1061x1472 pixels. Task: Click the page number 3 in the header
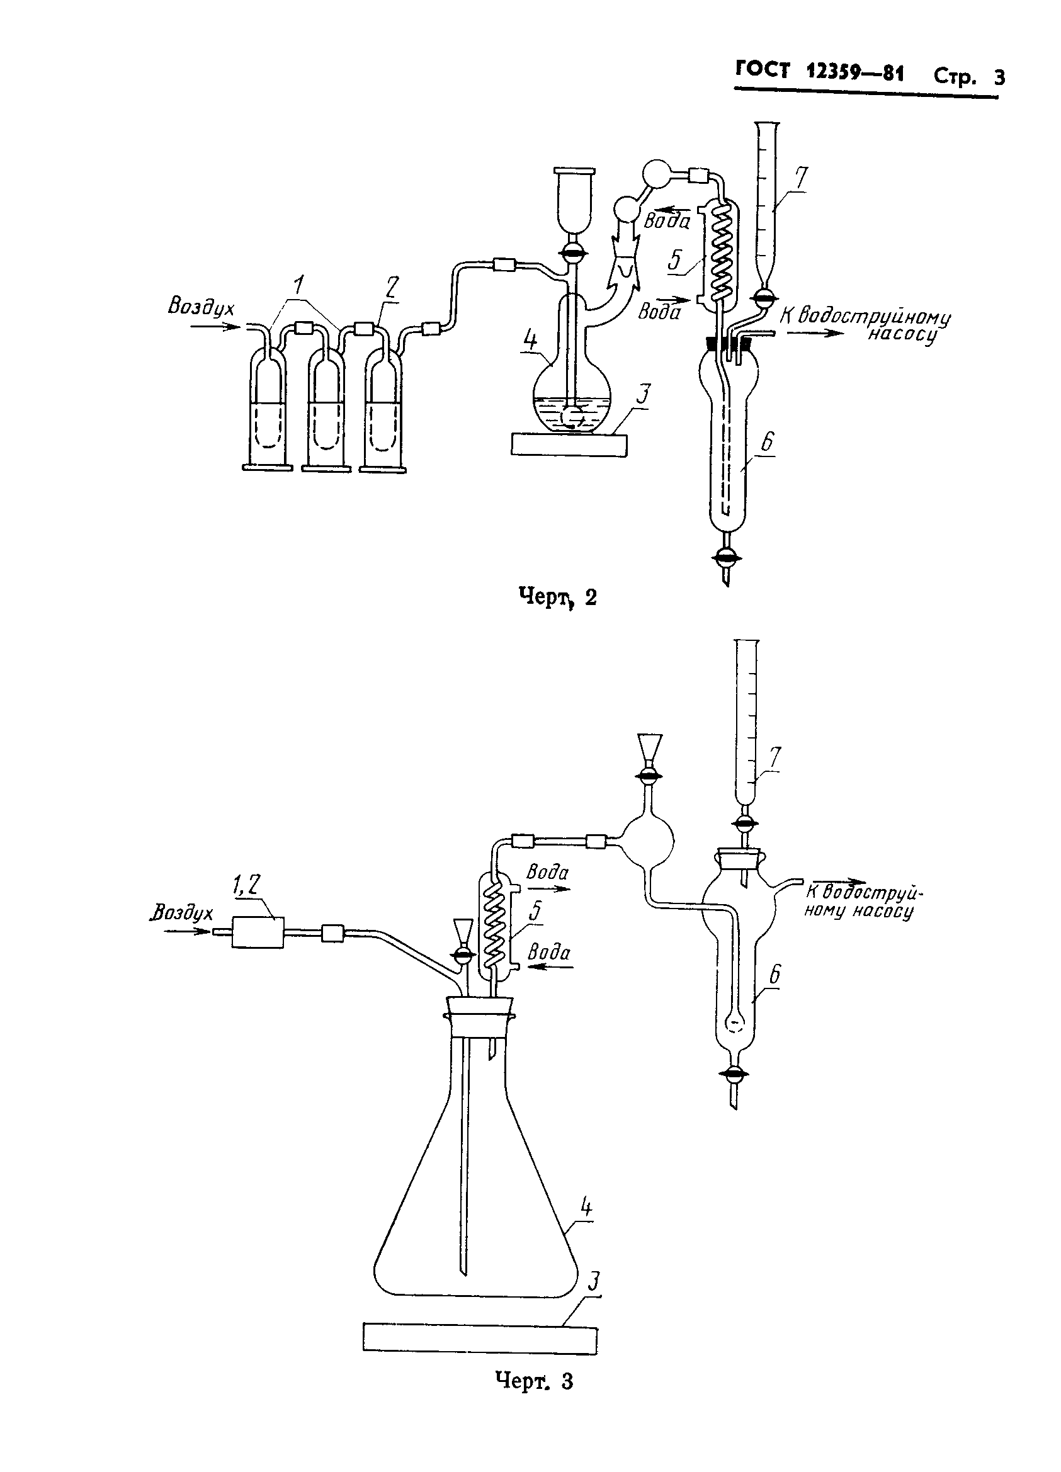pyautogui.click(x=999, y=77)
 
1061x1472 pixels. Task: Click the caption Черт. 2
pyautogui.click(x=557, y=596)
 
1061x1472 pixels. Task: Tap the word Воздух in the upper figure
pyautogui.click(x=201, y=307)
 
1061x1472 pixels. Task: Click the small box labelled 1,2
pyautogui.click(x=258, y=932)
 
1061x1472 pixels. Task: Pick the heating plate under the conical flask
pyautogui.click(x=480, y=1339)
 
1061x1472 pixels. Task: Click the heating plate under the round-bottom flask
pyautogui.click(x=569, y=445)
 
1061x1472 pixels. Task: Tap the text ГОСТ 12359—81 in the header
pyautogui.click(x=820, y=71)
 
